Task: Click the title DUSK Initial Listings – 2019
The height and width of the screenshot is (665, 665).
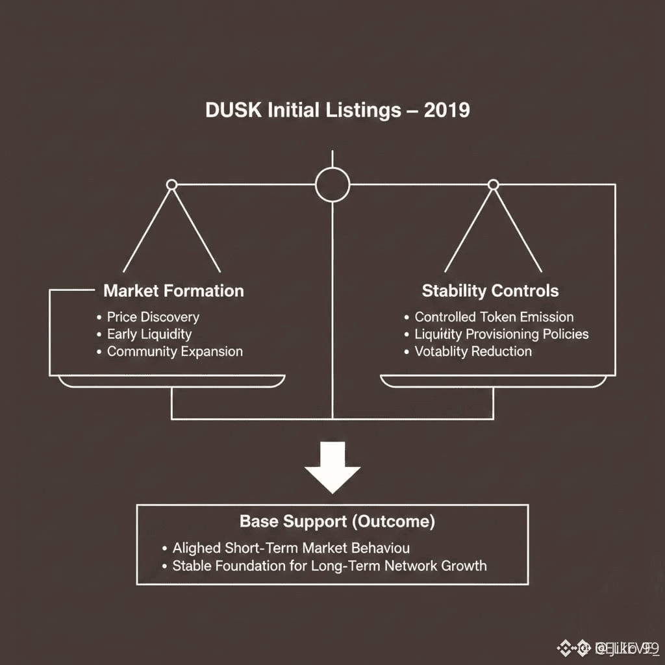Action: [x=337, y=110]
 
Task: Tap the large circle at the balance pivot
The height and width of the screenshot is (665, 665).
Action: [x=332, y=185]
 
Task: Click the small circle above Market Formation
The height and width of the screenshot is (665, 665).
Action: [x=171, y=185]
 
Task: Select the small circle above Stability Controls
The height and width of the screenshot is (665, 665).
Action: [x=493, y=185]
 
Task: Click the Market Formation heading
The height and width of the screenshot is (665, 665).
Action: [x=173, y=290]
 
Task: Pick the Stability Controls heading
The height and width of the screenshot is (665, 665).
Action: [x=490, y=290]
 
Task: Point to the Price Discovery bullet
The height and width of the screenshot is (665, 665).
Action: [x=153, y=317]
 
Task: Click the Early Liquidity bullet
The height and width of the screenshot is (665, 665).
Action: [x=149, y=334]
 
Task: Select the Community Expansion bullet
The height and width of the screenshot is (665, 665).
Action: [x=174, y=351]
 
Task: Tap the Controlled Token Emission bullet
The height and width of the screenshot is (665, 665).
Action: [x=494, y=317]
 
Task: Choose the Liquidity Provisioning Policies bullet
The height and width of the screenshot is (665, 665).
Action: [x=501, y=334]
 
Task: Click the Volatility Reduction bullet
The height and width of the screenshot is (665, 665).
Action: [x=473, y=351]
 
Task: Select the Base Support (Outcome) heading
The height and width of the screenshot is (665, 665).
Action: [x=337, y=521]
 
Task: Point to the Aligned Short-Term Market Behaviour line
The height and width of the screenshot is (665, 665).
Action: [x=290, y=548]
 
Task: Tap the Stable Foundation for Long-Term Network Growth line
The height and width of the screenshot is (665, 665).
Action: [x=329, y=566]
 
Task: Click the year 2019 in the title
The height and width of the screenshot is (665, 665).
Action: [x=446, y=110]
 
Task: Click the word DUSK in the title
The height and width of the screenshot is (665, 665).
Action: [x=234, y=110]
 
